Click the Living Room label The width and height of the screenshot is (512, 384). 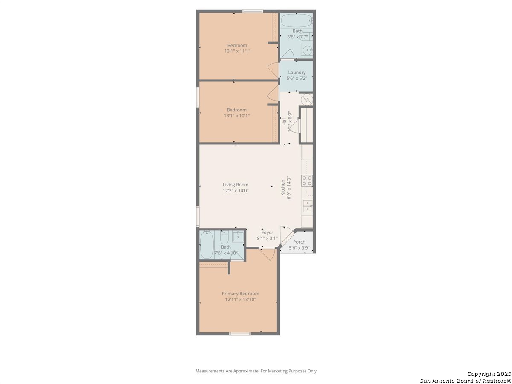tap(236, 185)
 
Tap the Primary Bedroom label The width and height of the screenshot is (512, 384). tap(240, 294)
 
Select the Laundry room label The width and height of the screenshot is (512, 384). tap(297, 73)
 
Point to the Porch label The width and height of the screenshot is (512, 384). tap(299, 242)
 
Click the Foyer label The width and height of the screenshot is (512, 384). tap(267, 233)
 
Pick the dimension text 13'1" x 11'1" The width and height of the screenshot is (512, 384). tap(237, 51)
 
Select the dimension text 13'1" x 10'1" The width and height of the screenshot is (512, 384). tap(237, 116)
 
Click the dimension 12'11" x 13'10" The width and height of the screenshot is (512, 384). tap(240, 300)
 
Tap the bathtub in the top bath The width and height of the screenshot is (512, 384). tap(297, 20)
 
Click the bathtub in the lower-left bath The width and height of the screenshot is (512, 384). tap(207, 244)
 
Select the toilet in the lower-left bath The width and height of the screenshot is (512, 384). tap(224, 238)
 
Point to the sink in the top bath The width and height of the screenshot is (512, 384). tap(306, 49)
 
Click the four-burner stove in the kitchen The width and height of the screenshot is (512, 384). tap(307, 180)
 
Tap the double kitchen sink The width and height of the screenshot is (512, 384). tap(308, 206)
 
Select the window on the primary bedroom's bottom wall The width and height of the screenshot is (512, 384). tap(240, 334)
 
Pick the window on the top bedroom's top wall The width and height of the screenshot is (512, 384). tap(253, 11)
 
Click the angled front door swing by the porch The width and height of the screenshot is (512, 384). tap(286, 236)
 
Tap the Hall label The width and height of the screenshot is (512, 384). tap(284, 122)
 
